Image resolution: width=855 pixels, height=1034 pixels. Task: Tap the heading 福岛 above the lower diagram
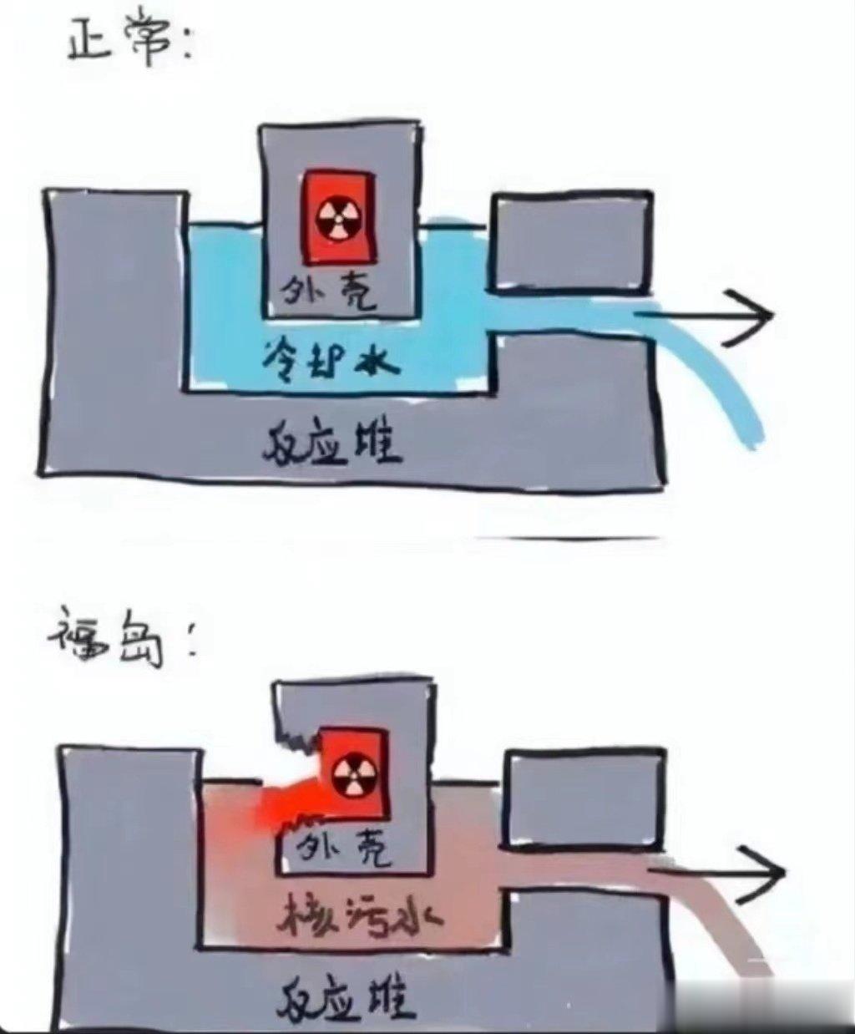coord(109,643)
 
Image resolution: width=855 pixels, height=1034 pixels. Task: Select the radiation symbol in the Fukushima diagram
coord(349,777)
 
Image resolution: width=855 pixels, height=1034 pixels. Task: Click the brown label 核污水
coord(359,919)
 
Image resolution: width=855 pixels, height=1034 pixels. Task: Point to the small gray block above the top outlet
coord(570,242)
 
